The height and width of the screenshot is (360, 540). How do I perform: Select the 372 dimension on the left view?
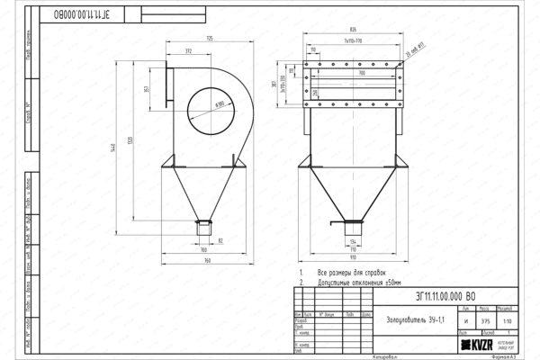(186, 51)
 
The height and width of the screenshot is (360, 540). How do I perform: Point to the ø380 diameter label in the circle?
(219, 103)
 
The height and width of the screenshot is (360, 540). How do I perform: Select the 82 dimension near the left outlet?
(220, 240)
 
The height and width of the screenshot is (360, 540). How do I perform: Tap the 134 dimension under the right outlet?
(353, 242)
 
